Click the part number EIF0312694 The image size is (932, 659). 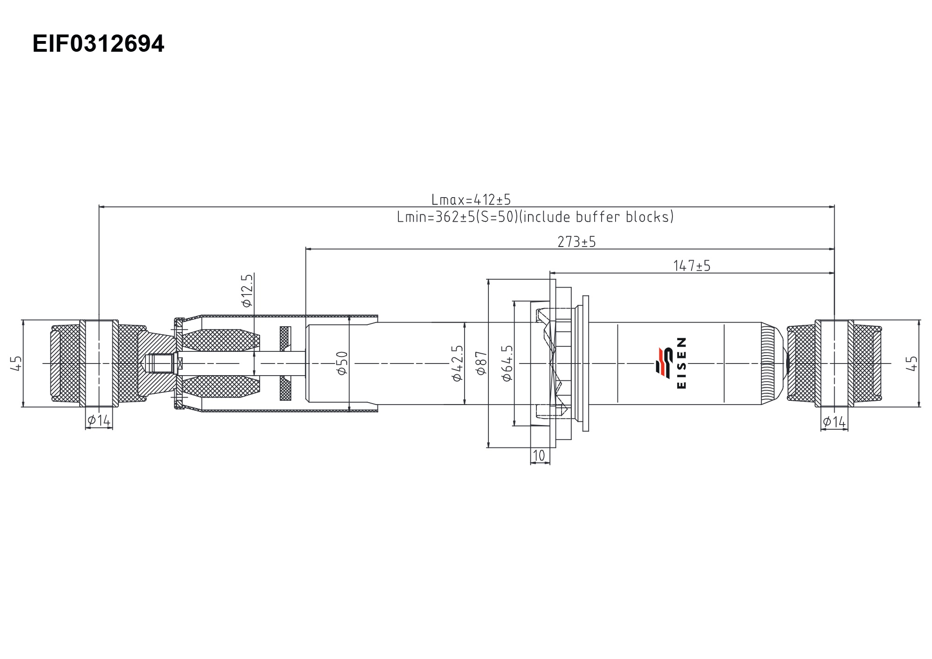[x=98, y=44]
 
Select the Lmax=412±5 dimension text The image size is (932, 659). [x=471, y=200]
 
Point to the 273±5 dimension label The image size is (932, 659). [x=577, y=242]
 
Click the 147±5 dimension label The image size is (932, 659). [x=692, y=266]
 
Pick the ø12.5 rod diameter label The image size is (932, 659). [x=247, y=290]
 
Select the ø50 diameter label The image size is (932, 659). [x=342, y=363]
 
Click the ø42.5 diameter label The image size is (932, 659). [x=458, y=364]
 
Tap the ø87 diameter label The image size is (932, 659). [x=481, y=363]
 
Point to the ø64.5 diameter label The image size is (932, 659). [x=507, y=364]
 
